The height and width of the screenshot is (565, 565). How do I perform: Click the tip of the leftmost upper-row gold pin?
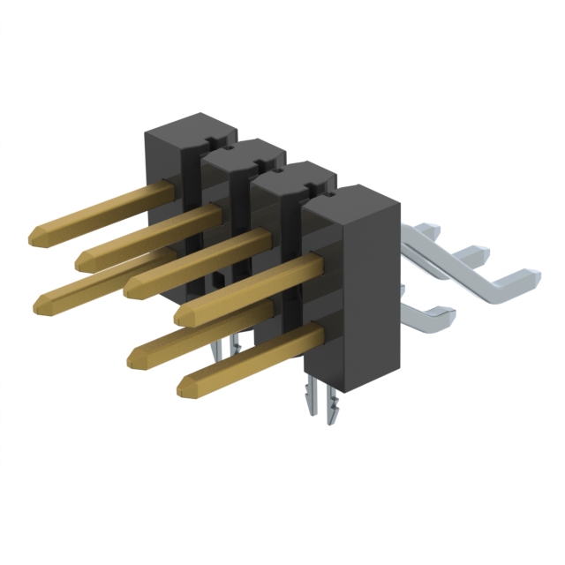tap(36, 235)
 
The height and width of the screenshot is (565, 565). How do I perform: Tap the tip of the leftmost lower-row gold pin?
tap(41, 304)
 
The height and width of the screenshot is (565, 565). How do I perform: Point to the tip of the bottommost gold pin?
tap(185, 386)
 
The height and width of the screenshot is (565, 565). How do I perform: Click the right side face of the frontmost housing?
tap(370, 291)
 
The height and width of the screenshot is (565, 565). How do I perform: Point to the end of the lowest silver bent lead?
tap(446, 311)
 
